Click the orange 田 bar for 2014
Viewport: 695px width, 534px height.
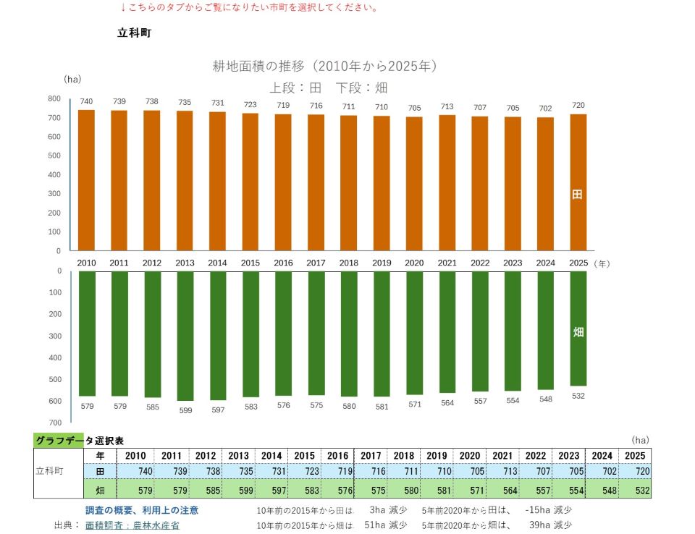coord(217,181)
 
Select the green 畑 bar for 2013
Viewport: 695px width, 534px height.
coord(185,336)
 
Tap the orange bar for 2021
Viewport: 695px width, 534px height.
coord(447,183)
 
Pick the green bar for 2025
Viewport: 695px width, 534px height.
coord(578,329)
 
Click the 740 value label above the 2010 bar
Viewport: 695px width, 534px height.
coord(86,101)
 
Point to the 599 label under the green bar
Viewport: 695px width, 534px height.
coord(185,410)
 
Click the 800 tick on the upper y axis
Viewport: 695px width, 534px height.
coord(54,98)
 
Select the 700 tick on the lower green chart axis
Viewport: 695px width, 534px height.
coord(55,423)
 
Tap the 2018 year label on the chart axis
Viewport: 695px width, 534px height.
coord(348,263)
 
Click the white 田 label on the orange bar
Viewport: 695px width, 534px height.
coord(577,194)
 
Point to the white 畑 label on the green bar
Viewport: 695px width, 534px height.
coord(578,332)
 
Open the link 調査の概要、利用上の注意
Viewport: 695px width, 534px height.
coord(142,510)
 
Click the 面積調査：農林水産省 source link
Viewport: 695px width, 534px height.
coord(132,525)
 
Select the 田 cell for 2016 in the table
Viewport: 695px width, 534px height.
coord(338,471)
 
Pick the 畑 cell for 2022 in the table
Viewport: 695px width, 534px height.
coord(536,490)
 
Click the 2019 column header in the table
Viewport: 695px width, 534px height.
coord(437,456)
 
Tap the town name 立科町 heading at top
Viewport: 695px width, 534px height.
coord(135,33)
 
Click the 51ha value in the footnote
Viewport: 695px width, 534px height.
coord(374,525)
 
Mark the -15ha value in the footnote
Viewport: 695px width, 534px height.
coord(537,509)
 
